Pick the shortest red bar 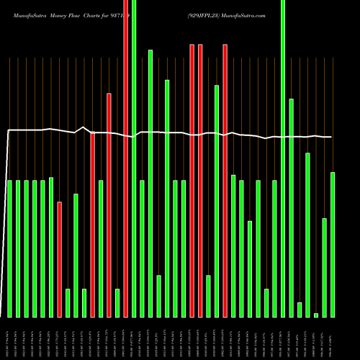[59, 259]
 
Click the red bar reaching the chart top [126, 158]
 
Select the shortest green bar [316, 315]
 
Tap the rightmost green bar [333, 244]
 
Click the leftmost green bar [9, 248]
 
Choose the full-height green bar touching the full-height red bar [134, 158]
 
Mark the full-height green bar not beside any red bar [283, 158]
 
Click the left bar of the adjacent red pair [192, 180]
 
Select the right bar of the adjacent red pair [200, 180]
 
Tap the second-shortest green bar [300, 310]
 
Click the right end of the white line [332, 137]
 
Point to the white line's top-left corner [8, 130]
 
